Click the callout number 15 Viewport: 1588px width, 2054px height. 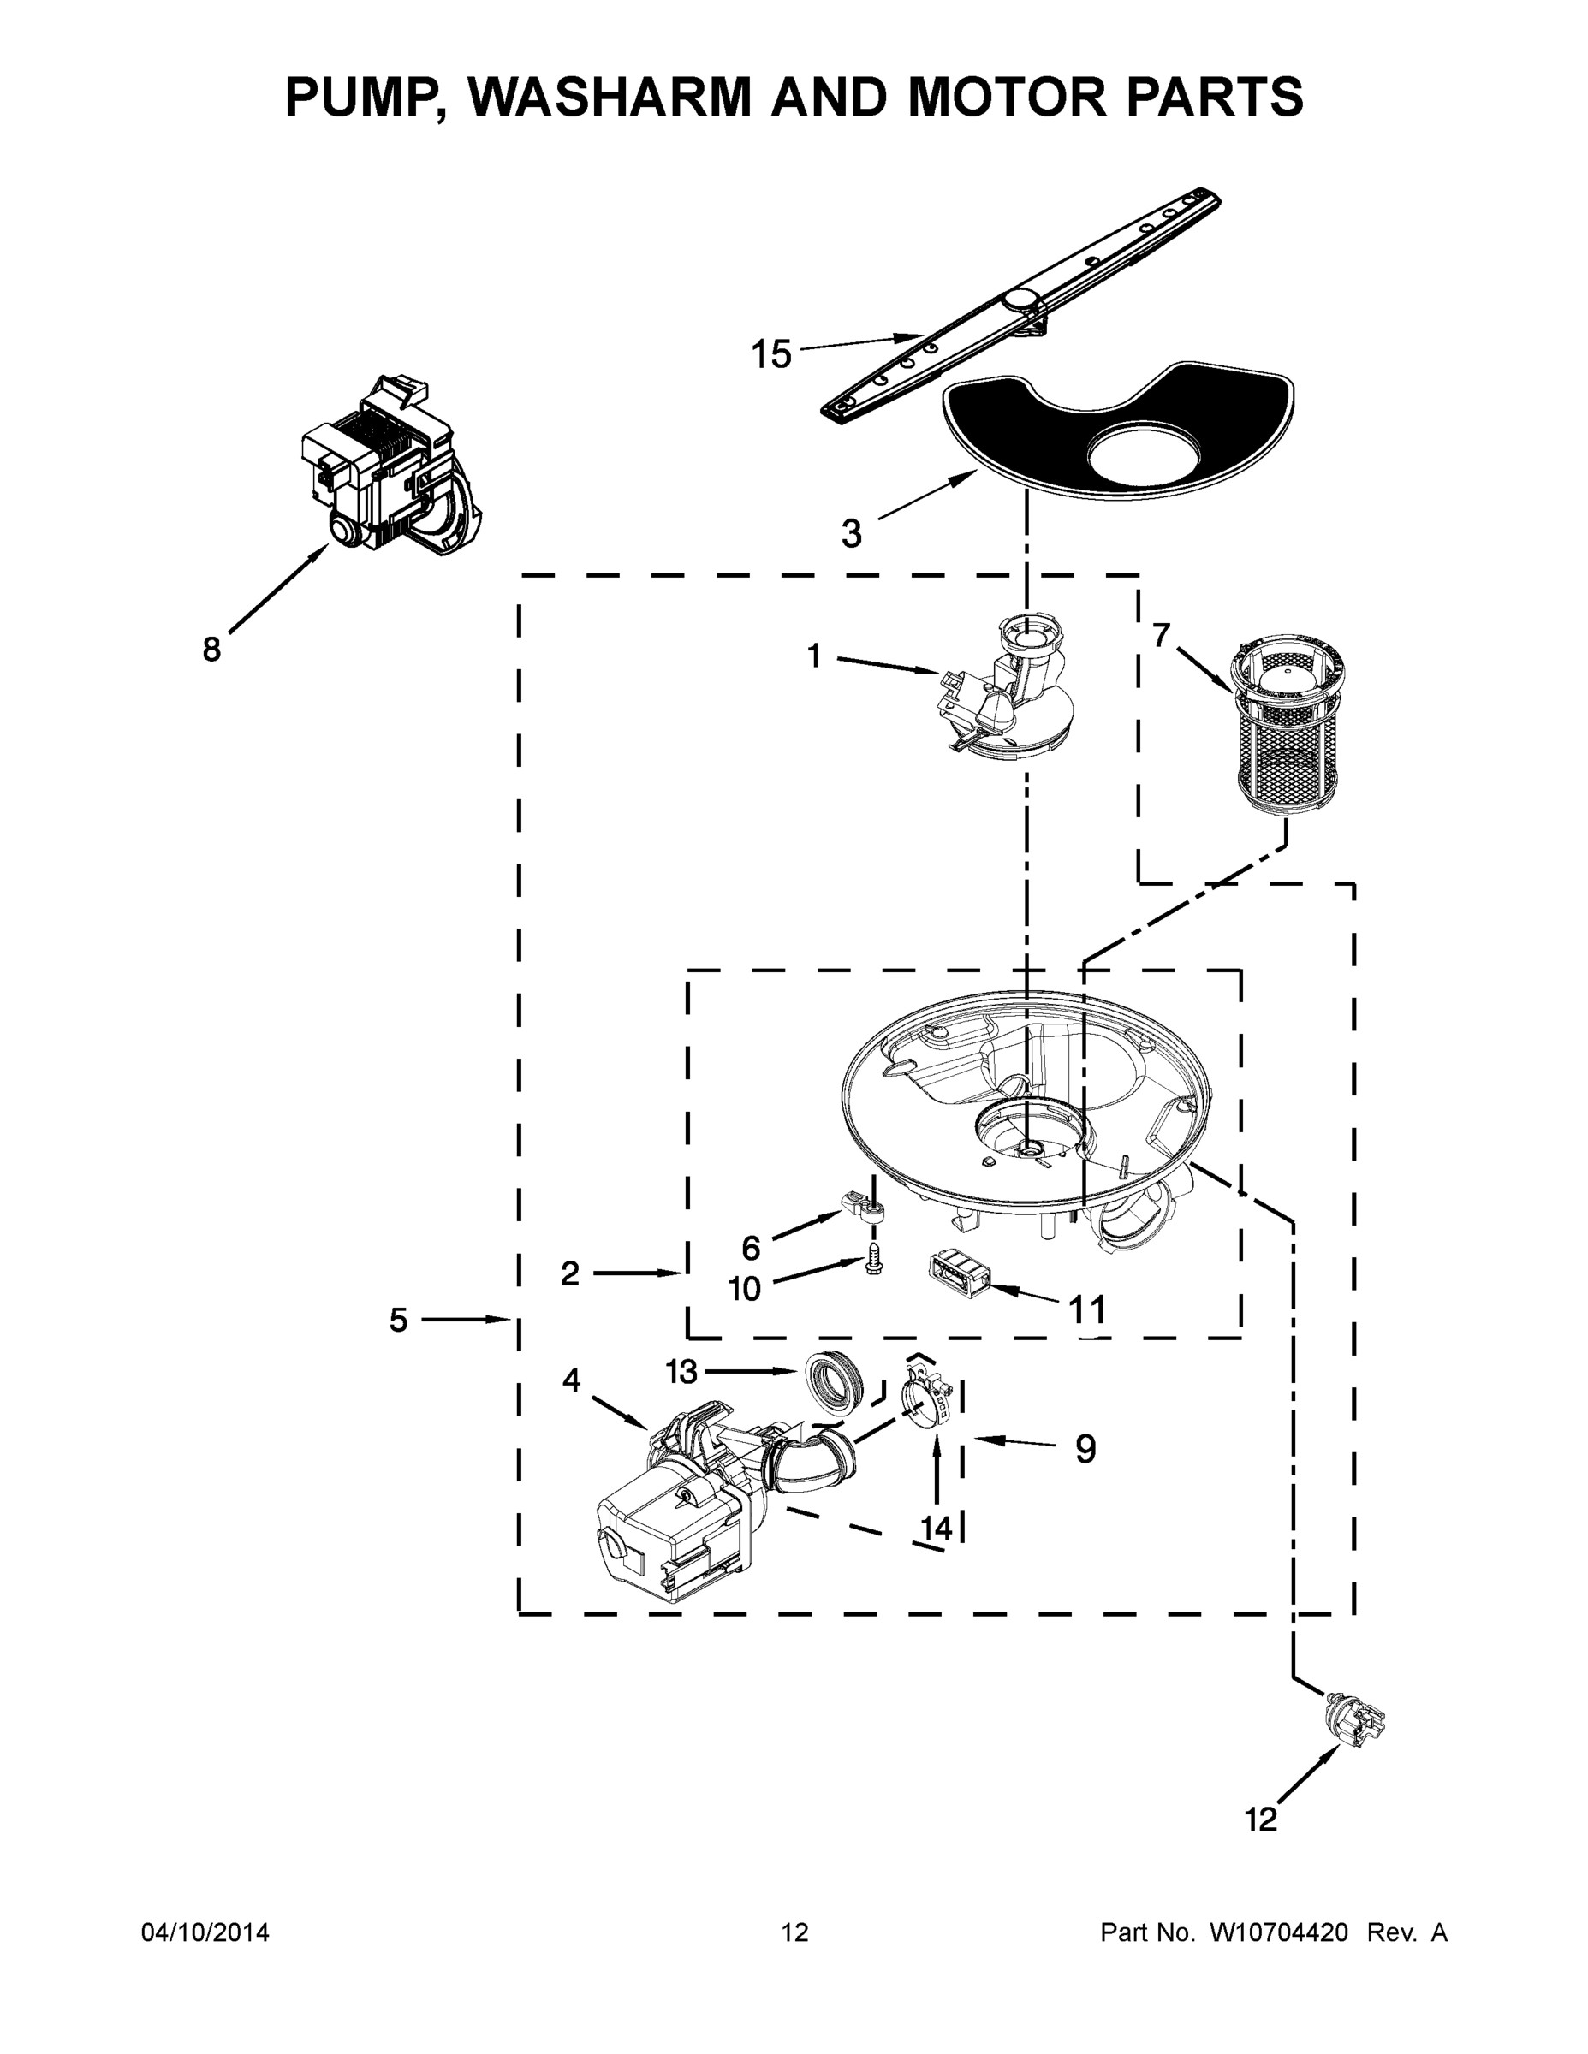770,354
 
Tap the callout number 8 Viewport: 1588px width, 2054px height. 211,649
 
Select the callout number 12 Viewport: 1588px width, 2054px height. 1261,1820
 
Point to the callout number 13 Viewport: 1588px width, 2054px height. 681,1372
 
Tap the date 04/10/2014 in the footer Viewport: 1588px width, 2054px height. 205,1932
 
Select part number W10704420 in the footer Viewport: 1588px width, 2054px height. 1278,1932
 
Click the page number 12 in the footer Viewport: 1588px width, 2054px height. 795,1932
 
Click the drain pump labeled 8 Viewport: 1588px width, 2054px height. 390,466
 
